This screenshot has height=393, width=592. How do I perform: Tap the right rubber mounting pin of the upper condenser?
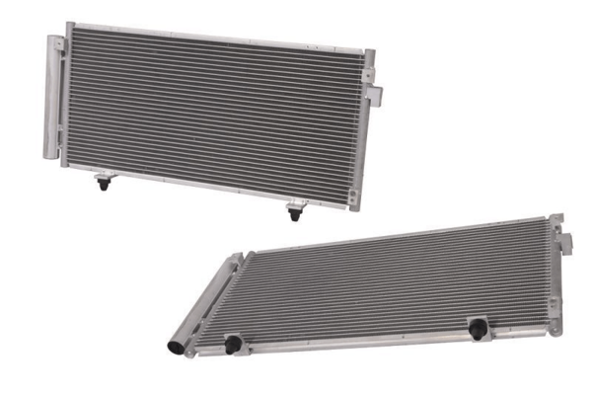point(293,210)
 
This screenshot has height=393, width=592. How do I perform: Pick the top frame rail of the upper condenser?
point(212,37)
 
